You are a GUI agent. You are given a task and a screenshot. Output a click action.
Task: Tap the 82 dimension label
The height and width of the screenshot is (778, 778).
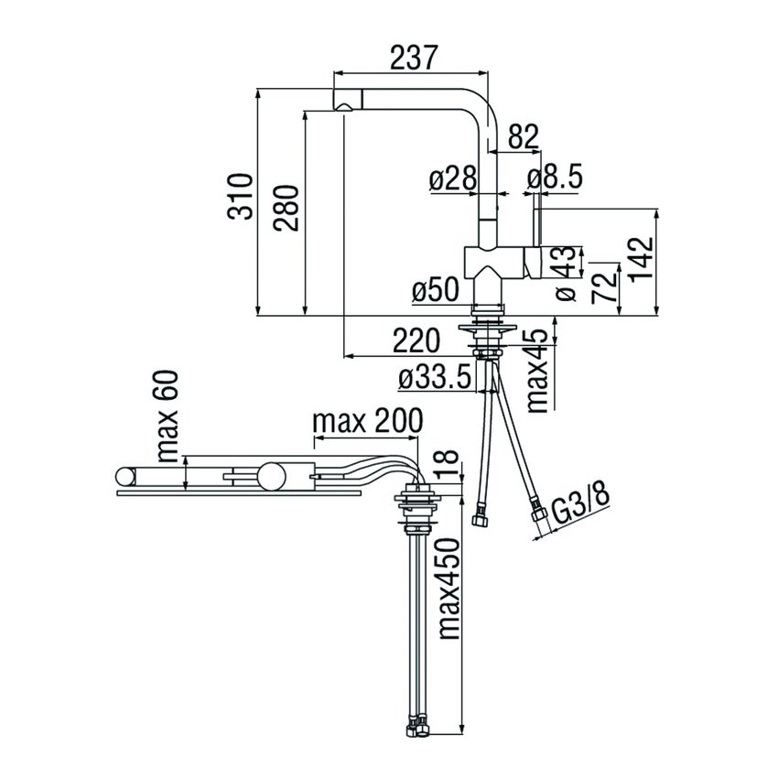click(x=522, y=137)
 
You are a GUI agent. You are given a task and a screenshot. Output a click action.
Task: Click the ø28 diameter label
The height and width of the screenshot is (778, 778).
click(x=453, y=180)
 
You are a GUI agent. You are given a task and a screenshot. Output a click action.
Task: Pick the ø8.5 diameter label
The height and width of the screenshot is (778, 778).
click(x=555, y=180)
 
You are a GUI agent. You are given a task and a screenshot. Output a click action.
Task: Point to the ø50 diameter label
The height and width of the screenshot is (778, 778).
click(x=435, y=292)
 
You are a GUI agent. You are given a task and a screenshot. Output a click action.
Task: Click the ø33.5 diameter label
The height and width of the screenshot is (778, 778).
click(x=435, y=376)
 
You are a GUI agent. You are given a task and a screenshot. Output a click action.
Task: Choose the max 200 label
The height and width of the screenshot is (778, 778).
click(x=368, y=421)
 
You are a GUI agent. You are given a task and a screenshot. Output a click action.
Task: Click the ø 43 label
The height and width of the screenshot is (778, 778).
click(x=565, y=272)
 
